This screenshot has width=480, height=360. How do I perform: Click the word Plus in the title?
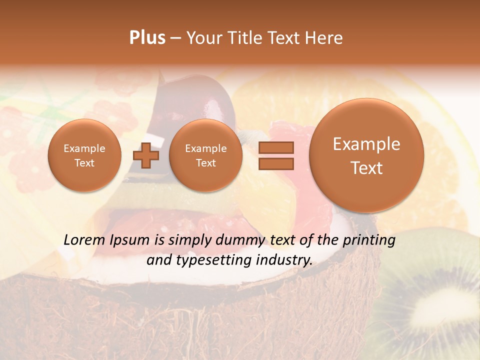pyautogui.click(x=147, y=38)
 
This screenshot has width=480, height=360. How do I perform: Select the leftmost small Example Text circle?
pyautogui.click(x=84, y=155)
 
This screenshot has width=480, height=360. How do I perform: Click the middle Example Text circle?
pyautogui.click(x=205, y=155)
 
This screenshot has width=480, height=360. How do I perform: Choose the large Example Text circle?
pyautogui.click(x=366, y=155)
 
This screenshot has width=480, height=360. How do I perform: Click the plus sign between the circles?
pyautogui.click(x=146, y=155)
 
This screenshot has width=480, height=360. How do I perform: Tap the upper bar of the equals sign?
pyautogui.click(x=276, y=147)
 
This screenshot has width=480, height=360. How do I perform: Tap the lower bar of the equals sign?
pyautogui.click(x=276, y=163)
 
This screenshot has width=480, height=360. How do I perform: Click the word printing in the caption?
pyautogui.click(x=369, y=240)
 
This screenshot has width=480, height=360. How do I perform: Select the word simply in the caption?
pyautogui.click(x=190, y=240)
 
